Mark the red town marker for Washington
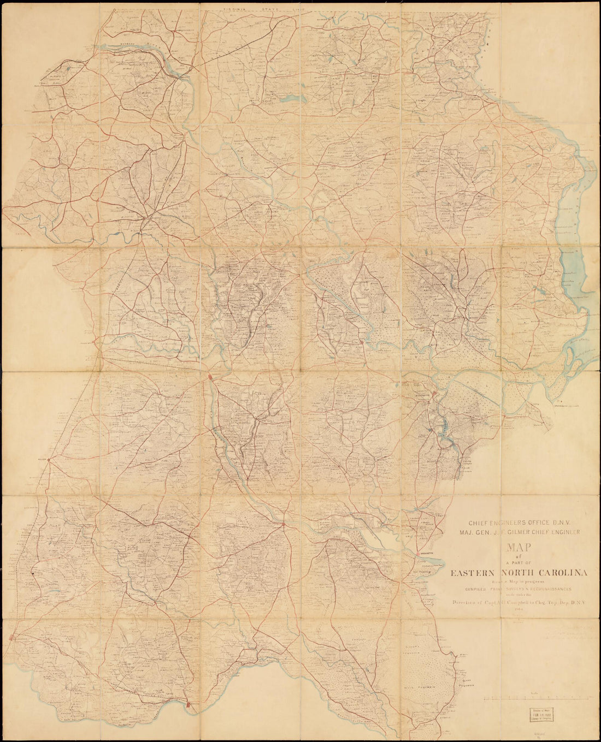[418, 554]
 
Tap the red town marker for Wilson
[49, 460]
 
